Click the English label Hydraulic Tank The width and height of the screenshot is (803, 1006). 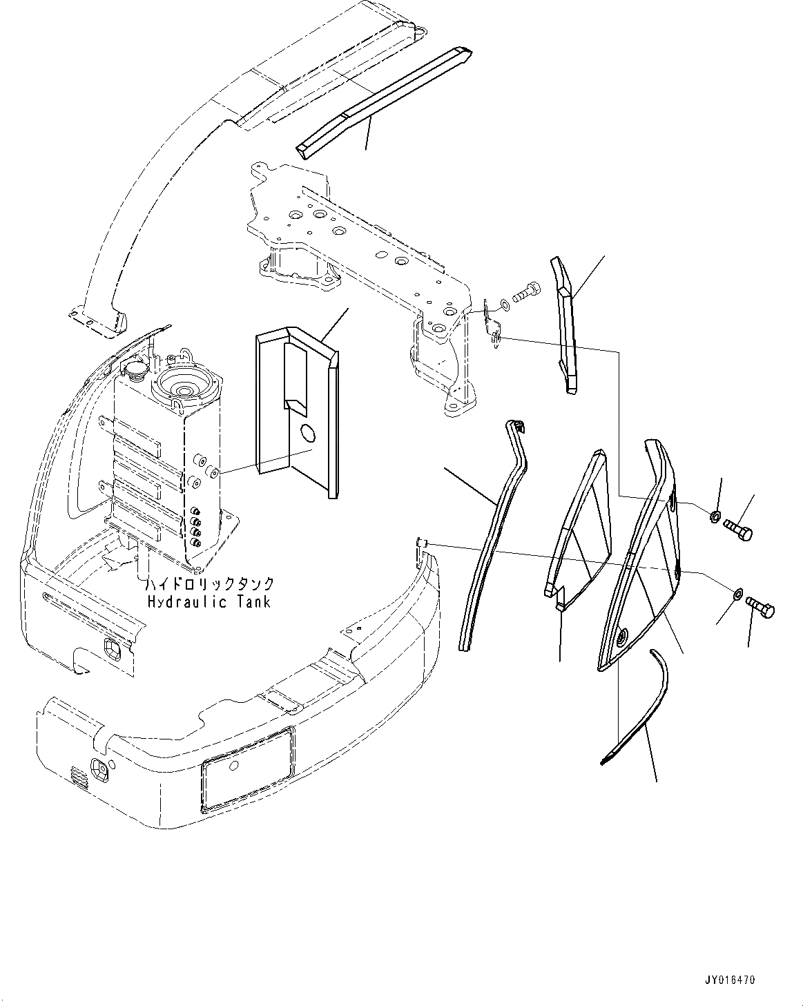click(209, 601)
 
